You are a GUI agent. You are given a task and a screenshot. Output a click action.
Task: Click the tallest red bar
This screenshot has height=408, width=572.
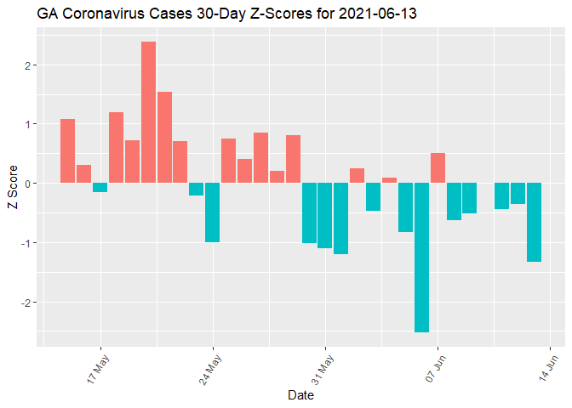[148, 112]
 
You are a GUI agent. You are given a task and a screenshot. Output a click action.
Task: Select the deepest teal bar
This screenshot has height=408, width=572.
[421, 258]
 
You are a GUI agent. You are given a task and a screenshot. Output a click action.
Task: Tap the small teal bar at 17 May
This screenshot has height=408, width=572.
[100, 188]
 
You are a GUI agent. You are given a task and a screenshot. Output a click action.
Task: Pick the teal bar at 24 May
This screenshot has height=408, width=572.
[212, 212]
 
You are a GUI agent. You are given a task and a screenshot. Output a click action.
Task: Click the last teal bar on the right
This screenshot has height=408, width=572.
[534, 222]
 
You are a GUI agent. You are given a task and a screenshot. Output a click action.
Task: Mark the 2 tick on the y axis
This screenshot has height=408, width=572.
[29, 65]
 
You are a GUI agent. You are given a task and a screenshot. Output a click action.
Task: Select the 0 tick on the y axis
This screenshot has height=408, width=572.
[29, 184]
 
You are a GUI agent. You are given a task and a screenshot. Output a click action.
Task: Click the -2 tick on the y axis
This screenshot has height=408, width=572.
[27, 303]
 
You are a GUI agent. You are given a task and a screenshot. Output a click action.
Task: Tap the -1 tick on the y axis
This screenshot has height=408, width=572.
[27, 243]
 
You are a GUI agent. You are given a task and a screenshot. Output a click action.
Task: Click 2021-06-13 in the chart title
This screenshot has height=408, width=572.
[375, 14]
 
